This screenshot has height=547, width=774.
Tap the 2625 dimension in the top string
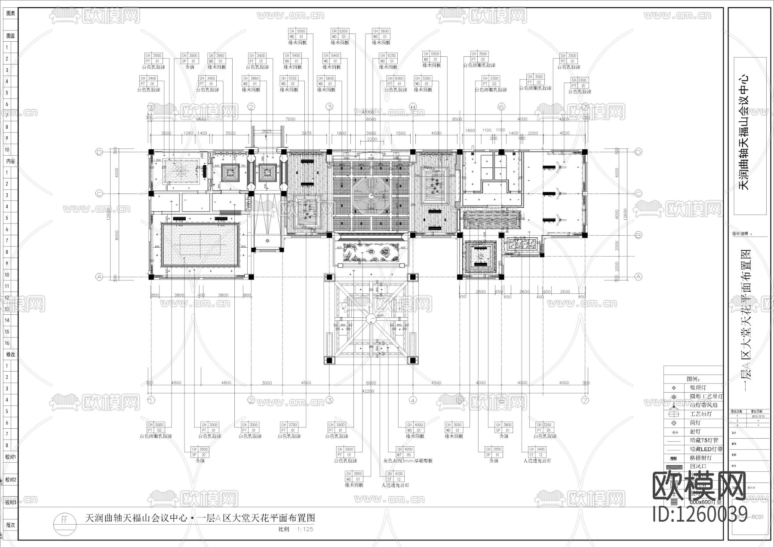tap(266, 132)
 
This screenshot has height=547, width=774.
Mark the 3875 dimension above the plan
tap(306, 133)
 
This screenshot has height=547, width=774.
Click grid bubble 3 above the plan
tap(329, 106)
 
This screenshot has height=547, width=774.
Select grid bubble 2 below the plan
tap(252, 400)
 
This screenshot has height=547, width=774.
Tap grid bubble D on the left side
tap(99, 152)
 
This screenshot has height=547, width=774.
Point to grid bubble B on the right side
tap(639, 235)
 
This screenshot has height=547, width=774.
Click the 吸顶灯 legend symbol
tap(673, 388)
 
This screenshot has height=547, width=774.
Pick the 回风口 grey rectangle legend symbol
tap(673, 467)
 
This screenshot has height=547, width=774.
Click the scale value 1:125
tap(305, 529)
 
